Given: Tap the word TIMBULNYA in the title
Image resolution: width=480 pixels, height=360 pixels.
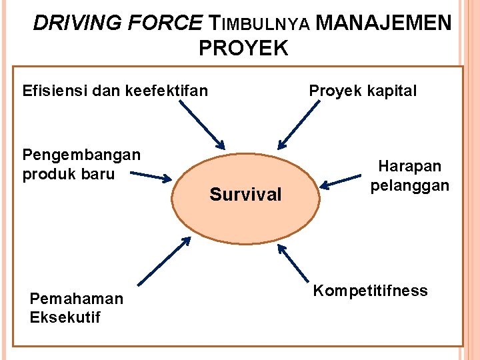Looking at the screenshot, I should point(259,25).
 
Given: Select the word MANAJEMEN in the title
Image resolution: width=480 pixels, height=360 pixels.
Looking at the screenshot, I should point(383,24).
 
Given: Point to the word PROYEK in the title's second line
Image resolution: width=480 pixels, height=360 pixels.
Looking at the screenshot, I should point(243,49).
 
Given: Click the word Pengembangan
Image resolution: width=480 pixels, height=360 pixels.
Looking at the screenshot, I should point(81,155).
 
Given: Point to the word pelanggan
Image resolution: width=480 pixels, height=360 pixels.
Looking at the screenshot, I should point(410,185).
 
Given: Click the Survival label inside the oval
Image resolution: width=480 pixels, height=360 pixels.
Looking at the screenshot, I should point(245,195).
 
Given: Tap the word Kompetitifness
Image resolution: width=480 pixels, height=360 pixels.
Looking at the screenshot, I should point(371,291).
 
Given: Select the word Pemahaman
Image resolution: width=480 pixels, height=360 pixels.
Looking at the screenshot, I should point(77,299).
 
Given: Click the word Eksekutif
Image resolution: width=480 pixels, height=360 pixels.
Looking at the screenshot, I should point(65,317).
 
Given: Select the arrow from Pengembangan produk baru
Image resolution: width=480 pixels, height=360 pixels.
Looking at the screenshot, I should point(151,177).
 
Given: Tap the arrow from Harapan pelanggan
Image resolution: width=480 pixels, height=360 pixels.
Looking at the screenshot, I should point(340,181).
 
